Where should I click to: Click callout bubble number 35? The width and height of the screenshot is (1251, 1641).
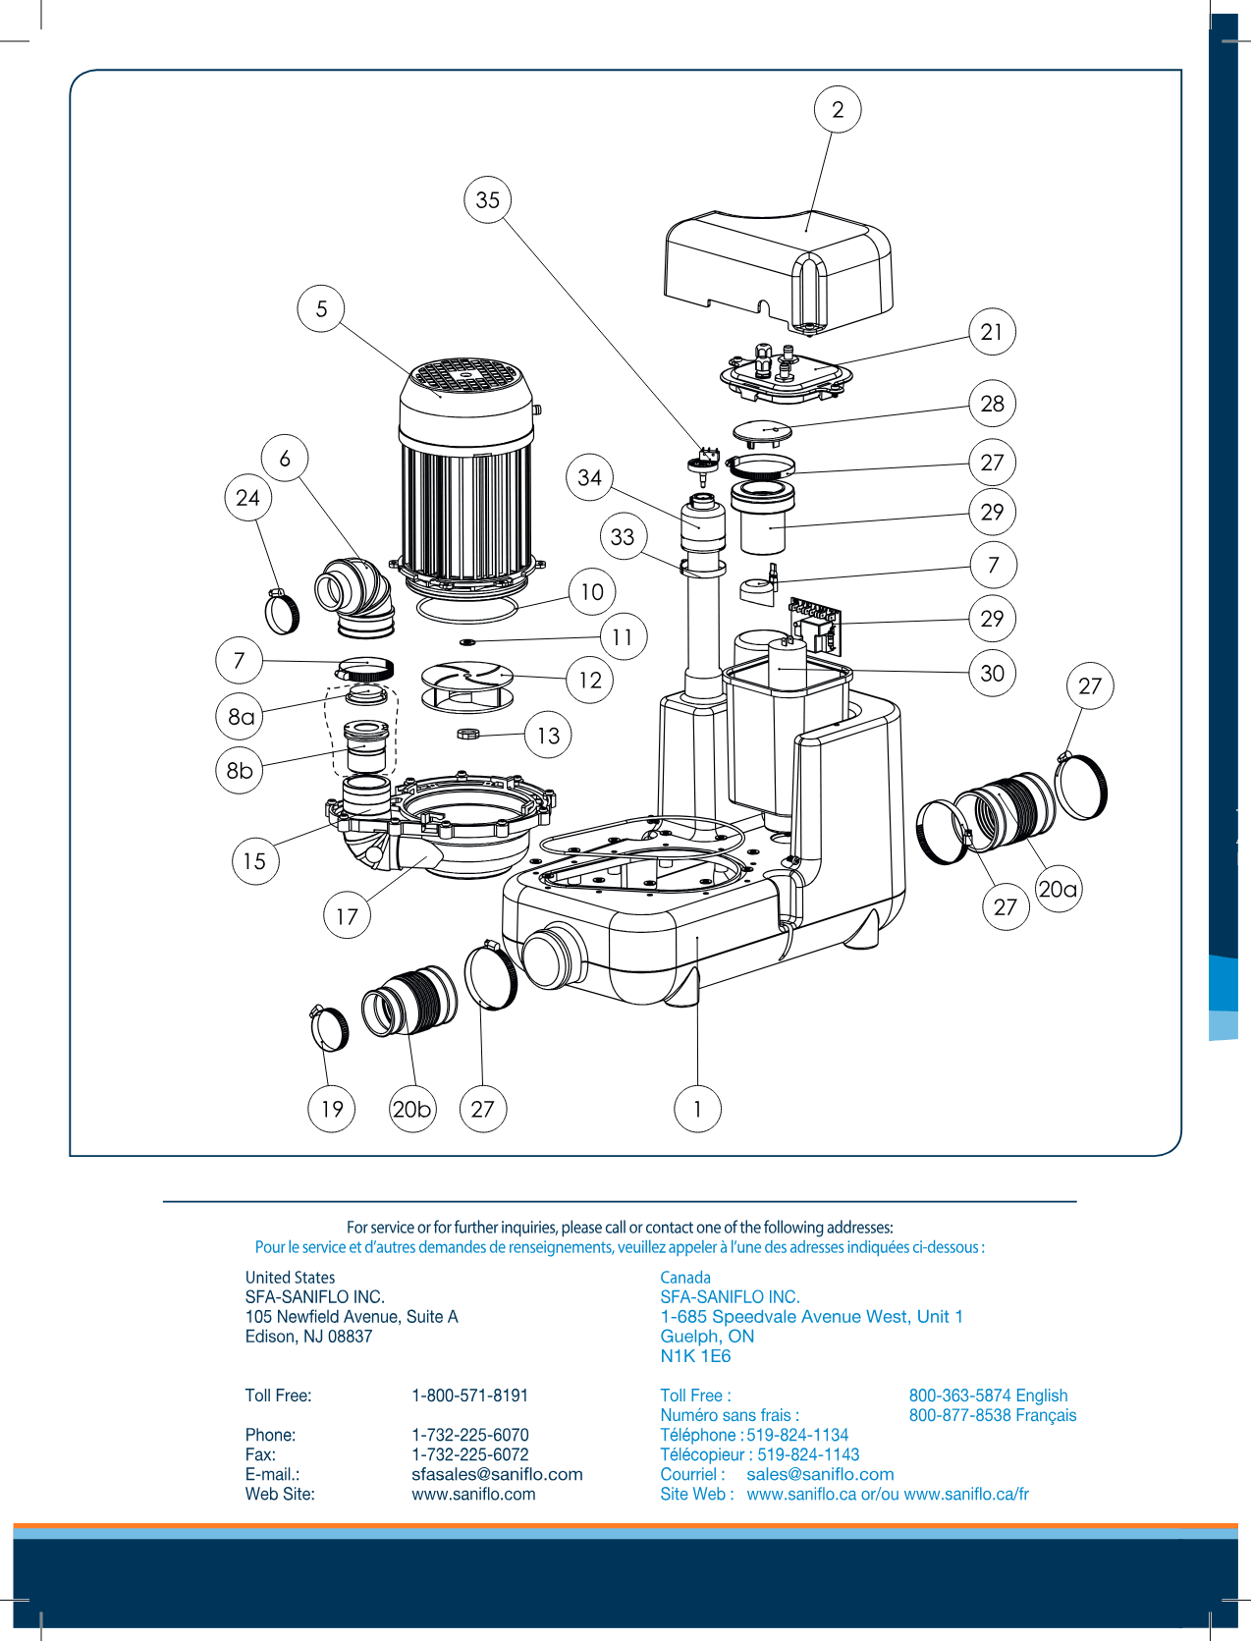488,200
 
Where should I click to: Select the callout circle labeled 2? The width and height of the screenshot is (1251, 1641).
838,109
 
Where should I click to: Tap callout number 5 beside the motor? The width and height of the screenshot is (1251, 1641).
321,308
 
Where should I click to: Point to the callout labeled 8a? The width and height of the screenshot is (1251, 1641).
241,716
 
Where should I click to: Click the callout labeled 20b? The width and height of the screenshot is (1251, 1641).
411,1109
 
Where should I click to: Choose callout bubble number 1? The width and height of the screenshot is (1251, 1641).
697,1109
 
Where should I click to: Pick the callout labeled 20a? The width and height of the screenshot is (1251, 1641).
1058,889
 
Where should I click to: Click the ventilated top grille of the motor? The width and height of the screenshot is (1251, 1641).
466,375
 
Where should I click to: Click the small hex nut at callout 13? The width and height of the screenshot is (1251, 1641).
468,734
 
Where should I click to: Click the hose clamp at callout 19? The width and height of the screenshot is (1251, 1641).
330,1028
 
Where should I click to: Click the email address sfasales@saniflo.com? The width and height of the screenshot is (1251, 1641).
497,1474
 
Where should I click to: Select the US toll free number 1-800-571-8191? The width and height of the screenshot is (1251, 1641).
469,1395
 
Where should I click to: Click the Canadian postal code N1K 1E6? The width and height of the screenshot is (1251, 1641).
695,1356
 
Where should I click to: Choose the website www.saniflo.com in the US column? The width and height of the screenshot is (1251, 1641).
473,1494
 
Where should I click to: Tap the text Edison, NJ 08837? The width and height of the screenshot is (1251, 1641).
308,1337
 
